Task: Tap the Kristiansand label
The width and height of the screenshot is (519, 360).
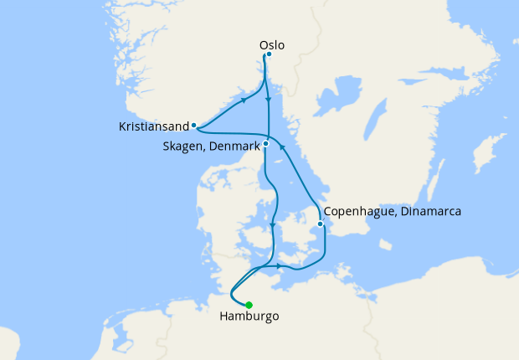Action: tap(154, 128)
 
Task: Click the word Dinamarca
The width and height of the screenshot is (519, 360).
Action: tap(429, 212)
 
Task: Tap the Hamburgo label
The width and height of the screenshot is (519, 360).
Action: tap(249, 317)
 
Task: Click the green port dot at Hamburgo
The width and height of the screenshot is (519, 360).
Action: tap(249, 305)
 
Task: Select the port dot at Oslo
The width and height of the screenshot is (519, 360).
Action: tap(268, 54)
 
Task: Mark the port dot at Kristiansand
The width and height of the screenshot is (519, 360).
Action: tap(193, 126)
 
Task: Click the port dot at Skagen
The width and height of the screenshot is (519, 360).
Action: tap(265, 143)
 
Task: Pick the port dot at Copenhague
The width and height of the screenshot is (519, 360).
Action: tap(320, 224)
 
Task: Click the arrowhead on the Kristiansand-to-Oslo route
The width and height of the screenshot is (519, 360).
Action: tap(244, 99)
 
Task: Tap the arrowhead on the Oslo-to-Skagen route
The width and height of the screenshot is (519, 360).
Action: tap(268, 102)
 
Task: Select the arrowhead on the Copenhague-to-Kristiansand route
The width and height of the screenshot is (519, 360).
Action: tap(282, 147)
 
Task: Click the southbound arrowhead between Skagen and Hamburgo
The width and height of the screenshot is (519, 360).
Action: tap(273, 224)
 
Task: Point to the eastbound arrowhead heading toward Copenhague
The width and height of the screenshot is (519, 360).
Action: tap(278, 266)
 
